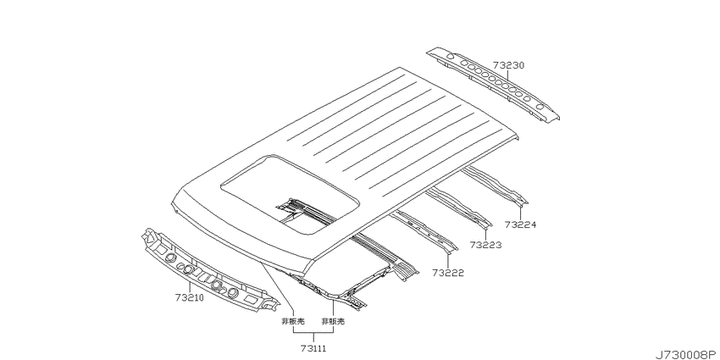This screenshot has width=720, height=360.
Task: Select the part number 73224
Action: pos(520,224)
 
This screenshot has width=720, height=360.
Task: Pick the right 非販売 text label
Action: pos(332,322)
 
